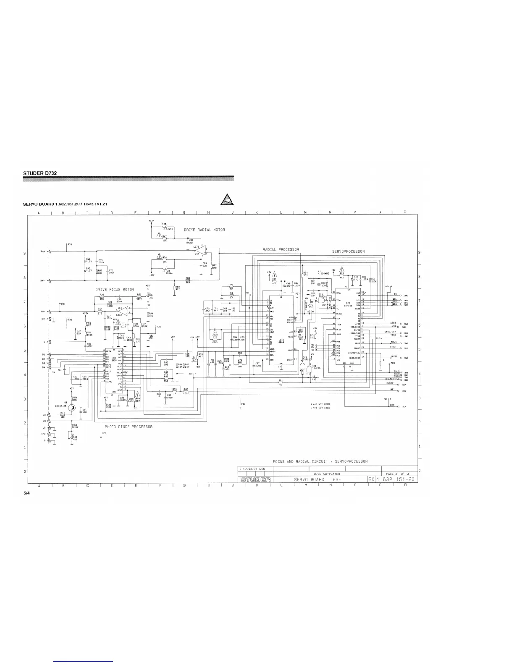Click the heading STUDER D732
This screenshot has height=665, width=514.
pyautogui.click(x=40, y=173)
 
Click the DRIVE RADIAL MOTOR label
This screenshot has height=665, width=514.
pyautogui.click(x=205, y=230)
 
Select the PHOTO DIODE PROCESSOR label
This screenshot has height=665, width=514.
pyautogui.click(x=128, y=427)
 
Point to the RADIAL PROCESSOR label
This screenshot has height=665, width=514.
pyautogui.click(x=281, y=250)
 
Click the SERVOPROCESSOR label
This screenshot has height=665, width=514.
pyautogui.click(x=348, y=251)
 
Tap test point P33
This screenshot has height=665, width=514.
pyautogui.click(x=69, y=245)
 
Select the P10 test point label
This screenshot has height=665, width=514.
pyautogui.click(x=243, y=403)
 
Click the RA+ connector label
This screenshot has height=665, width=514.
pyautogui.click(x=43, y=251)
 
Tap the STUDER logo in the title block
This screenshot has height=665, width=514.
pyautogui.click(x=255, y=479)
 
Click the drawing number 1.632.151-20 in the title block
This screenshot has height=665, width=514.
pyautogui.click(x=395, y=479)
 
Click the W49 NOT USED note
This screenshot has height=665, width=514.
pyautogui.click(x=320, y=404)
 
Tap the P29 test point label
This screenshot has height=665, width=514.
pyautogui.click(x=104, y=432)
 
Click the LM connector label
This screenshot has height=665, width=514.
pyautogui.click(x=44, y=421)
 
